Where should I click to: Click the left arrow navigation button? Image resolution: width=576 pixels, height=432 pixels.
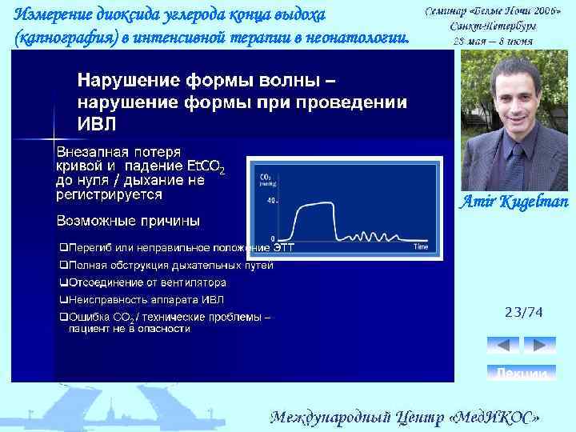point(502,345)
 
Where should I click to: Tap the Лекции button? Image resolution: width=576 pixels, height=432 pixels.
point(522,374)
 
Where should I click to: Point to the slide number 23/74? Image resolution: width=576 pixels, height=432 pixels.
point(523,314)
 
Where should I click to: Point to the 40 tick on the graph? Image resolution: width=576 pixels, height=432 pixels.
point(271,200)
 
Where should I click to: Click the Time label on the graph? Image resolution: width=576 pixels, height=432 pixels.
point(421,247)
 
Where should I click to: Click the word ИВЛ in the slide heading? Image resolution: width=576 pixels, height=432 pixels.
point(96,125)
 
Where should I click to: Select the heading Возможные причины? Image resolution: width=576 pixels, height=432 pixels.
point(128,220)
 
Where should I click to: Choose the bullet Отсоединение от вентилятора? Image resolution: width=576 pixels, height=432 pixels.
point(144,282)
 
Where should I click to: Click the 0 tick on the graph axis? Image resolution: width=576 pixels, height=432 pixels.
point(273,239)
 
